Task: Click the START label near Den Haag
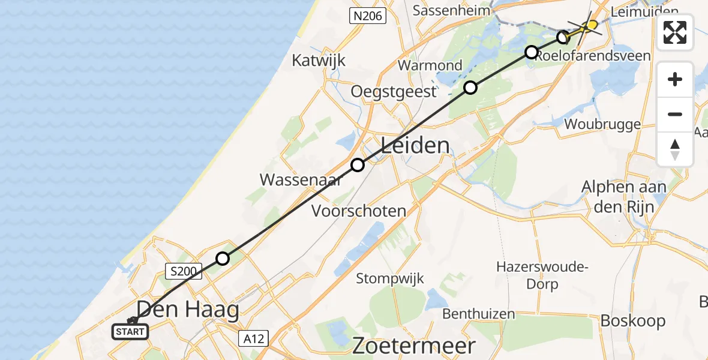[130, 331]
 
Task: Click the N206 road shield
[368, 16]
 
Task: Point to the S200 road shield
[182, 272]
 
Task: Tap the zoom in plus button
[675, 80]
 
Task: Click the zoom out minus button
[675, 115]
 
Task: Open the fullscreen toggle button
[675, 32]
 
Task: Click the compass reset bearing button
[675, 149]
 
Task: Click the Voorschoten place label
[359, 211]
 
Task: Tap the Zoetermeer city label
[413, 346]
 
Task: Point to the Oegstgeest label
[393, 92]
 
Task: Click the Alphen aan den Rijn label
[624, 196]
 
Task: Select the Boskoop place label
[633, 321]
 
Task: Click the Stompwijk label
[390, 278]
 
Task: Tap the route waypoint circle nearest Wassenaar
[358, 165]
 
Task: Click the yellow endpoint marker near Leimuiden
[592, 25]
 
